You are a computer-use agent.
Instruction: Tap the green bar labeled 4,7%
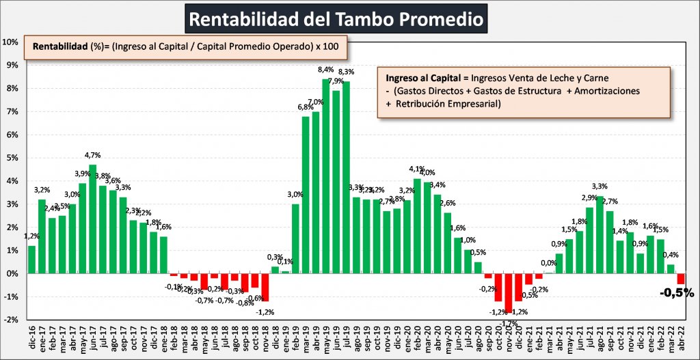coord(92,219)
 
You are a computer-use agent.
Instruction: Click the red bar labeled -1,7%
coord(508,292)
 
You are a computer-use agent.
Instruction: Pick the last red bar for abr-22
coord(680,279)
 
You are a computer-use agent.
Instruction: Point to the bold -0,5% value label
coord(676,293)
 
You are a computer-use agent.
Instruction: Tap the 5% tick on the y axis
coord(12,158)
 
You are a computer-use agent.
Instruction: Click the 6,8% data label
coord(305,107)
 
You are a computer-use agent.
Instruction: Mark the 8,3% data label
coord(346,72)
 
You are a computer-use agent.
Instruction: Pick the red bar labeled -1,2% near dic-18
coord(265,287)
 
